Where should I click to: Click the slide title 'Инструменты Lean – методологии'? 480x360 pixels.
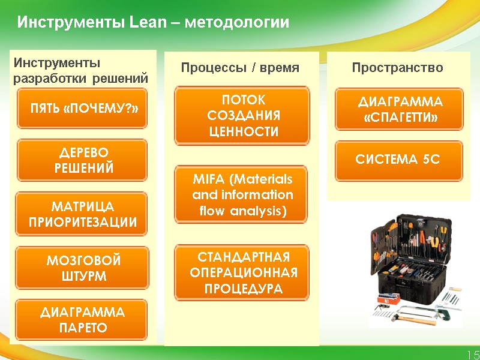(x=153, y=23)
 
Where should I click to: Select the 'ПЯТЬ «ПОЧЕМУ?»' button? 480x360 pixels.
(x=82, y=109)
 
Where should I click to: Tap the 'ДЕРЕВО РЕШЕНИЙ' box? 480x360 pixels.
(x=82, y=160)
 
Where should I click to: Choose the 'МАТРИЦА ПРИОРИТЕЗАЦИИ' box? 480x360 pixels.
(x=82, y=214)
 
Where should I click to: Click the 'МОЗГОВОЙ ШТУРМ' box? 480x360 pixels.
(x=82, y=268)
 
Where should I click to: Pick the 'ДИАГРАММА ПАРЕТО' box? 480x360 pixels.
(x=82, y=320)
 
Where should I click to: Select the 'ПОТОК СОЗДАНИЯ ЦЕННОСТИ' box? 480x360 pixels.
(x=242, y=116)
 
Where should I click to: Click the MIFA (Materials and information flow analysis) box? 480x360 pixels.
(x=242, y=195)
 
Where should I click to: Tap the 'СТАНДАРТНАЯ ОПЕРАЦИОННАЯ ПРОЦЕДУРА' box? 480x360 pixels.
(x=242, y=273)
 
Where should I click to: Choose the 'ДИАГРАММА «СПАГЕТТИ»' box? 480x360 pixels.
(x=399, y=110)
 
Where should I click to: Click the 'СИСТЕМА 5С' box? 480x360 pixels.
(x=399, y=160)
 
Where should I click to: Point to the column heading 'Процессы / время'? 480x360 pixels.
(x=240, y=68)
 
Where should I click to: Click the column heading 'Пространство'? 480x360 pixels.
(x=397, y=68)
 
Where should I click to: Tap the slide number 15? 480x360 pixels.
(x=472, y=355)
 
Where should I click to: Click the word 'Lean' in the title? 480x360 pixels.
(x=145, y=23)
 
